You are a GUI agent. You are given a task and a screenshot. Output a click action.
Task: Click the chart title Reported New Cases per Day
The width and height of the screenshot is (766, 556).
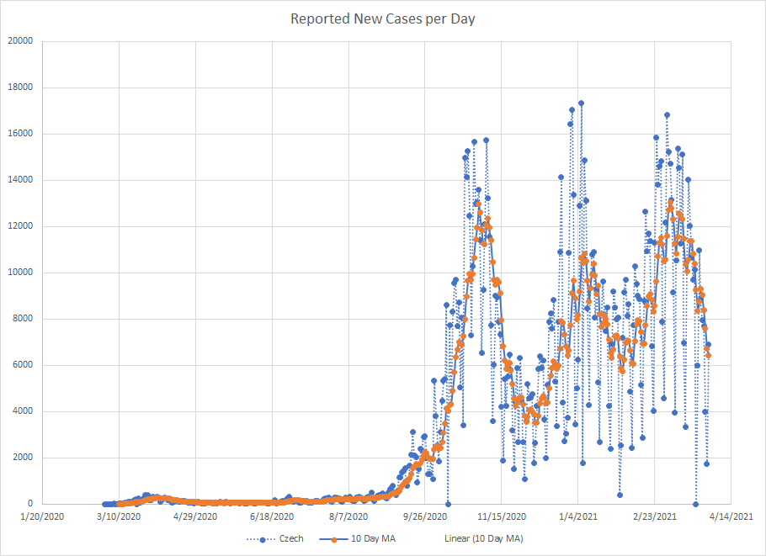(x=383, y=19)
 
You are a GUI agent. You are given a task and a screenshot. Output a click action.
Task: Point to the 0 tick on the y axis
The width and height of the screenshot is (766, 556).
(x=29, y=504)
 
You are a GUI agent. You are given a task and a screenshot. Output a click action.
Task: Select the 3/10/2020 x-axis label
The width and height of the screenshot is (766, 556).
(x=119, y=517)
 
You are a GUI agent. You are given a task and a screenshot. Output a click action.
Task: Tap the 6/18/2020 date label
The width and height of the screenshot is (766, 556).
(x=272, y=517)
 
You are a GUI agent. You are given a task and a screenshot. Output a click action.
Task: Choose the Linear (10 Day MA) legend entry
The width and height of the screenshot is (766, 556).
(x=482, y=539)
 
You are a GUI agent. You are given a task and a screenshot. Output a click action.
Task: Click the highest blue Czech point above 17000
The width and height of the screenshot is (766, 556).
(x=581, y=103)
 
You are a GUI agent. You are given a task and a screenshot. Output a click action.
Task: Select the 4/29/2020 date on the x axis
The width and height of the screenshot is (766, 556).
(x=195, y=517)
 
